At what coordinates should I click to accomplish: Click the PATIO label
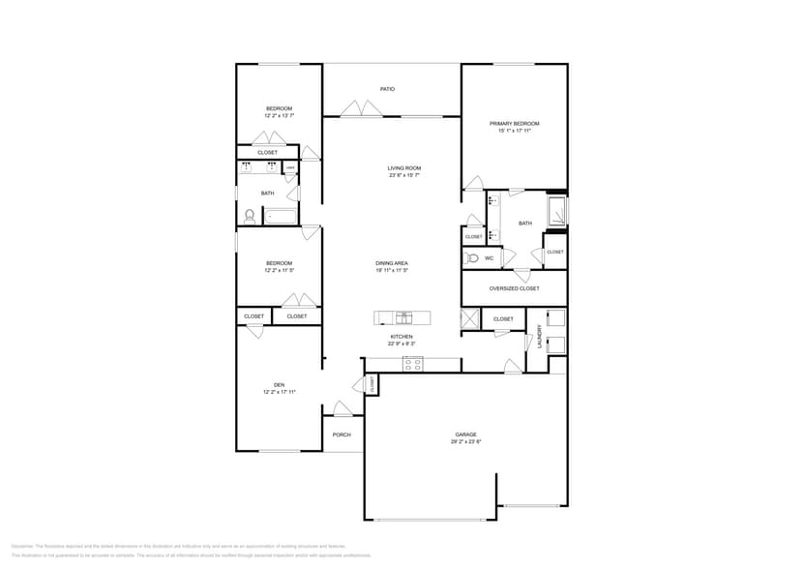387,89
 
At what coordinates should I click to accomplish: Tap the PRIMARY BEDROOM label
514,124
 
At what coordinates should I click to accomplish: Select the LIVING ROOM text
404,168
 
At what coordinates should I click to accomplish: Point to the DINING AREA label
392,263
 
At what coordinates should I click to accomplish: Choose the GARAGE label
465,434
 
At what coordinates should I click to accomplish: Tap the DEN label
279,385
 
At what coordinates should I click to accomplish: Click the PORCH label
342,434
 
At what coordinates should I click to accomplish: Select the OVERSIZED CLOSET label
514,288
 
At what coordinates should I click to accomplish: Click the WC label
489,258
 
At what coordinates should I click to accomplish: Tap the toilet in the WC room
471,258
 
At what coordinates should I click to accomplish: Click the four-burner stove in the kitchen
413,364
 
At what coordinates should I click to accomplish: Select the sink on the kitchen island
403,317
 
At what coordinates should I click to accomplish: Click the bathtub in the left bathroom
282,217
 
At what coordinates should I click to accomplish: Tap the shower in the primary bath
557,210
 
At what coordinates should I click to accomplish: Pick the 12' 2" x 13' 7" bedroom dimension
279,115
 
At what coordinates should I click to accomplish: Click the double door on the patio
362,109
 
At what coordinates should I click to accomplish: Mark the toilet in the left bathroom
249,216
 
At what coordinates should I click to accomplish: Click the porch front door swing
342,408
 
